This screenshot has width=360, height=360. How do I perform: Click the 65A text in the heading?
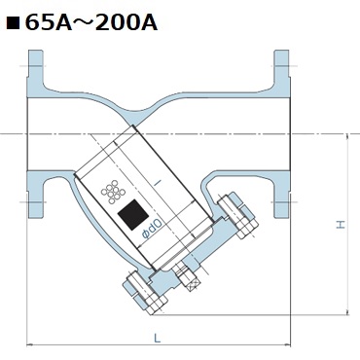[x=48, y=22]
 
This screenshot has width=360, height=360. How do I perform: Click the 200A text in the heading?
[x=126, y=22]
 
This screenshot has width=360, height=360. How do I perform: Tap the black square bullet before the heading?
[x=13, y=23]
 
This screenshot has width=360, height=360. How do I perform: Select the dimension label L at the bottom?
[x=158, y=339]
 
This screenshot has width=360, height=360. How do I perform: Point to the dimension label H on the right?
[x=341, y=225]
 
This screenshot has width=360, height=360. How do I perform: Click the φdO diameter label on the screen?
[x=152, y=229]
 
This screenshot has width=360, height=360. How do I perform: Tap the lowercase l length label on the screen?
[x=159, y=183]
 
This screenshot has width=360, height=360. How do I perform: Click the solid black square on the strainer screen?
[x=133, y=215]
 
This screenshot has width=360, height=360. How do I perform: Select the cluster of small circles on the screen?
[x=113, y=192]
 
